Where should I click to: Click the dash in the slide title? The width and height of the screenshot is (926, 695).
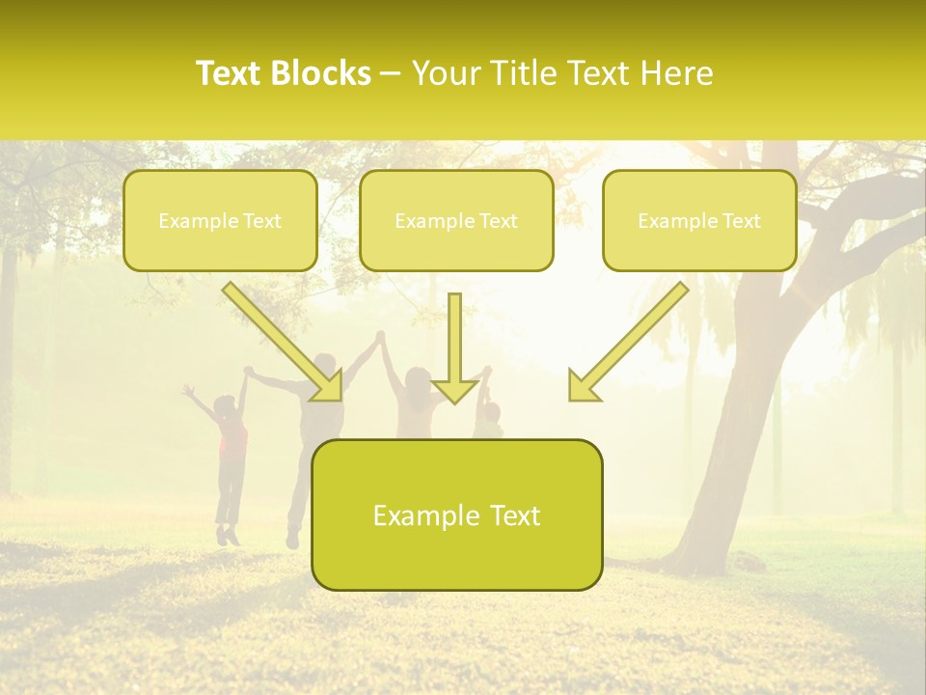(391, 74)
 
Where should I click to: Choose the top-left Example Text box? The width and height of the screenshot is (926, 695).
(220, 220)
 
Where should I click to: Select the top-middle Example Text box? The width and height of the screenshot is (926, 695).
(456, 220)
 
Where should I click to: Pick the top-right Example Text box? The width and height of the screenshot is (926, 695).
(699, 220)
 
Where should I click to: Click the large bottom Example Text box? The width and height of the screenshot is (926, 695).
(457, 514)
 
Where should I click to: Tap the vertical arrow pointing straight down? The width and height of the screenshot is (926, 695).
(455, 347)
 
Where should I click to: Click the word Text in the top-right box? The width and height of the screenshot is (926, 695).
(741, 221)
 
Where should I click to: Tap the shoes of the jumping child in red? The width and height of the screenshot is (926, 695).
(228, 534)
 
